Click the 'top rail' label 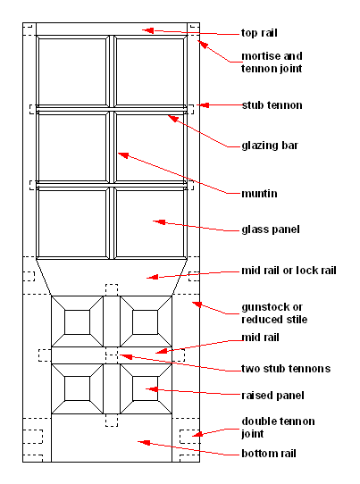pos(259,33)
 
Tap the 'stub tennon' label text pos(272,105)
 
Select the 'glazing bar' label pos(270,146)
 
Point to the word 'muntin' pos(259,194)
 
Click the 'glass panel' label pos(271,229)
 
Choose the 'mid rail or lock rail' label pos(289,271)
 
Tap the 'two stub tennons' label pos(286,369)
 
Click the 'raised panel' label pos(272,396)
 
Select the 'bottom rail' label pos(269,454)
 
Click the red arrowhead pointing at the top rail pos(148,30)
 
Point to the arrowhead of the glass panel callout pos(159,222)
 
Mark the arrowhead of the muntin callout pos(123,155)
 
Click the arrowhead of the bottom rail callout pos(144,443)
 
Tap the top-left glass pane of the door pos(72,71)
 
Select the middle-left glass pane pos(72,147)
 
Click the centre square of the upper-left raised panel pos(77,322)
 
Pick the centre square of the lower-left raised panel pos(77,388)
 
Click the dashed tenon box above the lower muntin pos(112,290)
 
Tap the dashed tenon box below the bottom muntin pos(112,421)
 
